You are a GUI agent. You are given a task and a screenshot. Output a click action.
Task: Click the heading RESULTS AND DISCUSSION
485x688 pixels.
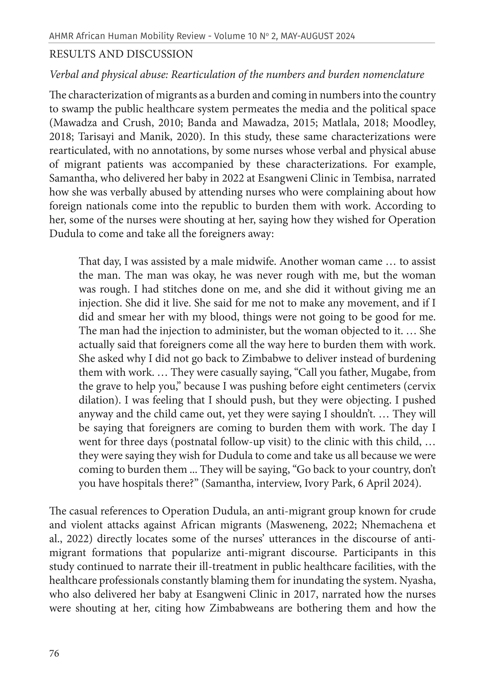[x=121, y=54]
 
